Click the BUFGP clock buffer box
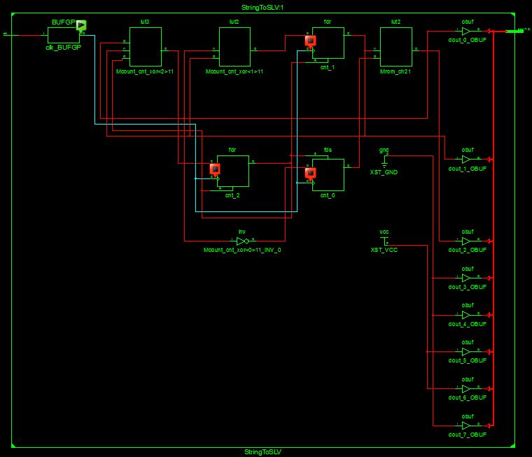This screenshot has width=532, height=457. (61, 34)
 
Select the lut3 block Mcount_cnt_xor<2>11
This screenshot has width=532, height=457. (146, 47)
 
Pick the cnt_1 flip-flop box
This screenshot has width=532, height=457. (328, 43)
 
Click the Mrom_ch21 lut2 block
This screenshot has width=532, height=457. (395, 47)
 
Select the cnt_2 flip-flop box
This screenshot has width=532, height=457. (233, 171)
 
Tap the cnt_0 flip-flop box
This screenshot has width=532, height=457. (328, 174)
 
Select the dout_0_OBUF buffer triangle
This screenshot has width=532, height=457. (466, 31)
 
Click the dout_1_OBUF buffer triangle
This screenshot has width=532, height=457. (466, 160)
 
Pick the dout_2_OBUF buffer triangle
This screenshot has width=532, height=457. (466, 241)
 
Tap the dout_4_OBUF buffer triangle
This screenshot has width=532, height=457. (466, 315)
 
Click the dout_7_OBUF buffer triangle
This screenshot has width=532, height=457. (466, 426)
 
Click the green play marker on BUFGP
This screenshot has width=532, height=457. (81, 26)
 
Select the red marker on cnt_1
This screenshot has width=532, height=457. (310, 41)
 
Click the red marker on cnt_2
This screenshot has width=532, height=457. (215, 169)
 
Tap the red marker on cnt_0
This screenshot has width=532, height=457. (310, 172)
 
